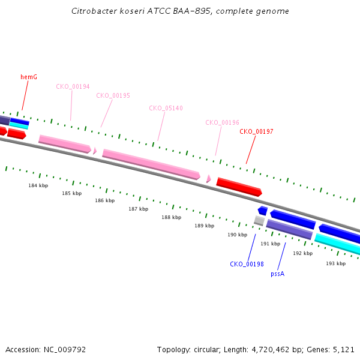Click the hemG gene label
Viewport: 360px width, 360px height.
click(29, 77)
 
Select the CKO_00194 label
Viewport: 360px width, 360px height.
click(73, 86)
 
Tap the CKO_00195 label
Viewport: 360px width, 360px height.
click(113, 95)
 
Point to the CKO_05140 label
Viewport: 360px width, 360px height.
click(166, 108)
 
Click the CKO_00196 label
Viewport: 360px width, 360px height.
click(222, 122)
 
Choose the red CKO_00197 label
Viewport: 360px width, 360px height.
click(256, 131)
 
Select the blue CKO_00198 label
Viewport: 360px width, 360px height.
click(247, 264)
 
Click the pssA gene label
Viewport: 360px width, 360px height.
click(278, 274)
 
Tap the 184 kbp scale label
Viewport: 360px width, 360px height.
click(38, 185)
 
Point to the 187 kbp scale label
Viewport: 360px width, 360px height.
click(139, 209)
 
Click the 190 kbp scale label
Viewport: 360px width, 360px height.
click(238, 235)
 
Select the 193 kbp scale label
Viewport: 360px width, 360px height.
click(336, 263)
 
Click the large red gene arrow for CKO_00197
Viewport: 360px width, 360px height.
click(239, 187)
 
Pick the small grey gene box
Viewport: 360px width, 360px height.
click(259, 221)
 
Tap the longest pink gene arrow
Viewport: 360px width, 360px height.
click(151, 164)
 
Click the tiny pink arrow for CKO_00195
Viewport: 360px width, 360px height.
click(95, 151)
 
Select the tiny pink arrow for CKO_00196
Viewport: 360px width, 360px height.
click(208, 179)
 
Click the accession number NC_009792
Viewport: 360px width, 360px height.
click(65, 350)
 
